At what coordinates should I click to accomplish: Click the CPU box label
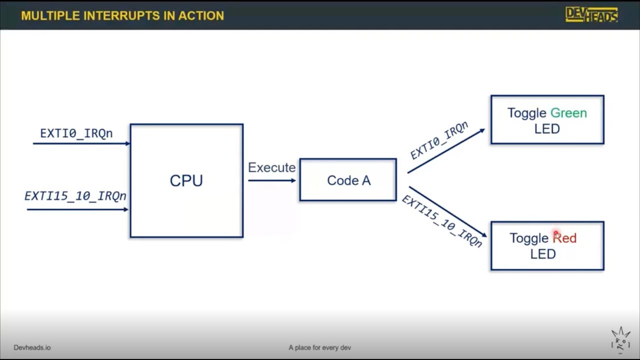pyautogui.click(x=186, y=180)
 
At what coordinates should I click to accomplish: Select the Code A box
pyautogui.click(x=348, y=180)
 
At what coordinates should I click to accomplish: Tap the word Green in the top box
pyautogui.click(x=568, y=113)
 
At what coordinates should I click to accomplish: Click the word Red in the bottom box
pyautogui.click(x=565, y=238)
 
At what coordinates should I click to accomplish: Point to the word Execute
pyautogui.click(x=271, y=167)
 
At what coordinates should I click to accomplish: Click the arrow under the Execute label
pyautogui.click(x=271, y=180)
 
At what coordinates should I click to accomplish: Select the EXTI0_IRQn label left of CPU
pyautogui.click(x=76, y=133)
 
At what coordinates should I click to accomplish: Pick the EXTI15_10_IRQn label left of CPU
pyautogui.click(x=75, y=196)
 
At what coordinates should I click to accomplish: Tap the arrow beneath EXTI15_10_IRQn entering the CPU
pyautogui.click(x=77, y=209)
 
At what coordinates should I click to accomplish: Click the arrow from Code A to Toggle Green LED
pyautogui.click(x=446, y=151)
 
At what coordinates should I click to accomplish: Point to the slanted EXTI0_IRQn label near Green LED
pyautogui.click(x=439, y=140)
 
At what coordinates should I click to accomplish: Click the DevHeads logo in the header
pyautogui.click(x=591, y=14)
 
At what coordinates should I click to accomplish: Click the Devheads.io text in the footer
pyautogui.click(x=32, y=347)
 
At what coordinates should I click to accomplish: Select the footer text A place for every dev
pyautogui.click(x=320, y=347)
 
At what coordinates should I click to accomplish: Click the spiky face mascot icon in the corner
pyautogui.click(x=620, y=340)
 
